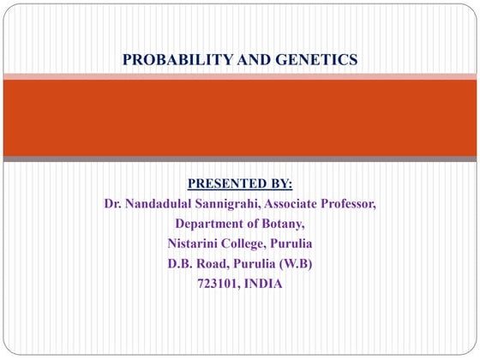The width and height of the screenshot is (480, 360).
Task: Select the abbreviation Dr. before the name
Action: (111, 204)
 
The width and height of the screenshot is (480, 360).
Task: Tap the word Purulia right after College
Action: (291, 244)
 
